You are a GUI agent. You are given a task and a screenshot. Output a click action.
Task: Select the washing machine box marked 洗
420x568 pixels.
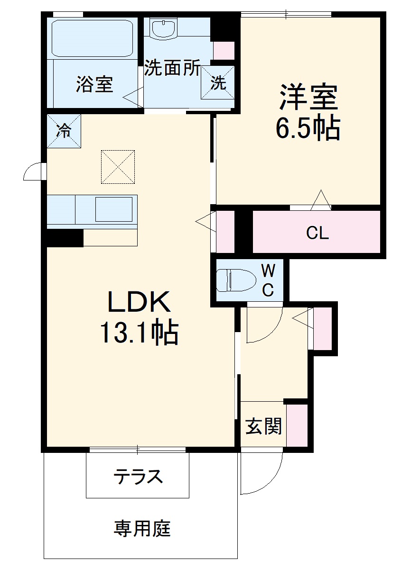[218, 83]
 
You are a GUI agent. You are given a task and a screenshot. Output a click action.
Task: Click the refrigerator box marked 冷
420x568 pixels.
[64, 131]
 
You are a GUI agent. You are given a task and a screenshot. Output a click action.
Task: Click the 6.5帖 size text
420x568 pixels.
[308, 127]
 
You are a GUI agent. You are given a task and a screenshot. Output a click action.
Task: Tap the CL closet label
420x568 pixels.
[317, 233]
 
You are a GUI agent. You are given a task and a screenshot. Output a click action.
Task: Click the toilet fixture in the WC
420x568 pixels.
[234, 280]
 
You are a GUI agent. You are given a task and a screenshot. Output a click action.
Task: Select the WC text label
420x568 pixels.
[268, 280]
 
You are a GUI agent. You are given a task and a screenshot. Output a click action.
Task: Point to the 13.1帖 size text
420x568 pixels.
[139, 333]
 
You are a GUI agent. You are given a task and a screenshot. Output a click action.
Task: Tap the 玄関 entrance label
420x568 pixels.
[263, 426]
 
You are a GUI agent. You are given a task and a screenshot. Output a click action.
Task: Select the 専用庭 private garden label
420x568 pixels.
[142, 528]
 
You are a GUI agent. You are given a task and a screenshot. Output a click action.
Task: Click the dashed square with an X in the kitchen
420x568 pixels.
[118, 167]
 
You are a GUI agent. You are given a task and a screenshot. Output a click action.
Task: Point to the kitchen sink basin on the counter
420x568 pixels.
[114, 209]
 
